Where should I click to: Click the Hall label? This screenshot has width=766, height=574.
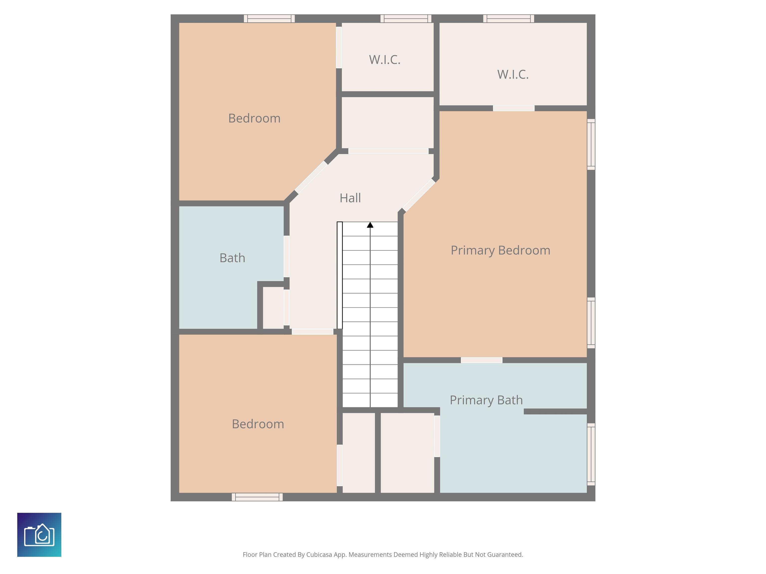tap(350, 198)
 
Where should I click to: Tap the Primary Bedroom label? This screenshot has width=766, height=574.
tap(500, 250)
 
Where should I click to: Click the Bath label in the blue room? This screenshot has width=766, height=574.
tap(232, 258)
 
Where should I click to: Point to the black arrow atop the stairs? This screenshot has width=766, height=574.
tap(370, 225)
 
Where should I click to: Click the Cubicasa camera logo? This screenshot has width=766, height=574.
tap(39, 535)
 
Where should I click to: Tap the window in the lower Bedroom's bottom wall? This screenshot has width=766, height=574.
tap(257, 497)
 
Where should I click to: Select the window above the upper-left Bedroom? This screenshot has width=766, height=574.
tap(269, 19)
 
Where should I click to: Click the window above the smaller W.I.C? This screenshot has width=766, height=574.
tap(406, 19)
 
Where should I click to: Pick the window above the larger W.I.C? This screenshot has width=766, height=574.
tap(509, 19)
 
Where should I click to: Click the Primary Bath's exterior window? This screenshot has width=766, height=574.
tap(591, 454)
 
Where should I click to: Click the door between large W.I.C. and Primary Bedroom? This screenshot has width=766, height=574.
tap(514, 108)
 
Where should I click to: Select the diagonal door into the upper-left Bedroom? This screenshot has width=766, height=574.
tap(311, 177)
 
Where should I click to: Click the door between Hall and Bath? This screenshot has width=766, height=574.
tap(287, 256)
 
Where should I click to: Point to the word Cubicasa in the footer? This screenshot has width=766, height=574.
tap(319, 555)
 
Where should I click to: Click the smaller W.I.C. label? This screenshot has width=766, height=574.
tap(385, 60)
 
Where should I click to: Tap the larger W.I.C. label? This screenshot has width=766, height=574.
tap(513, 74)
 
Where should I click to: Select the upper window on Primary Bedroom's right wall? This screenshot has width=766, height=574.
tap(591, 144)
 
